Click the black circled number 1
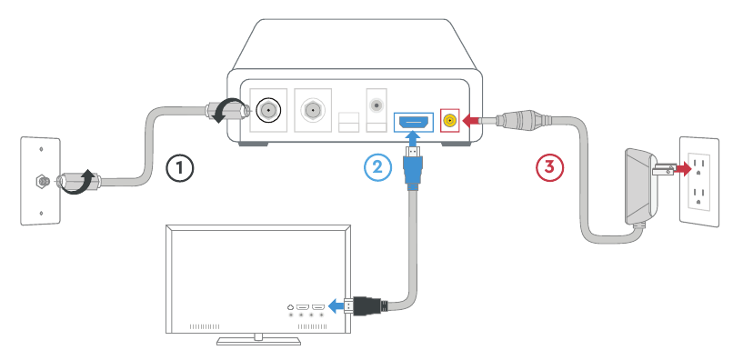tap(180, 167)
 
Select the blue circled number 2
tap(377, 167)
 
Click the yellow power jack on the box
tap(448, 119)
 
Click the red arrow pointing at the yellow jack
tap(470, 119)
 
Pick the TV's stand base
tap(258, 341)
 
